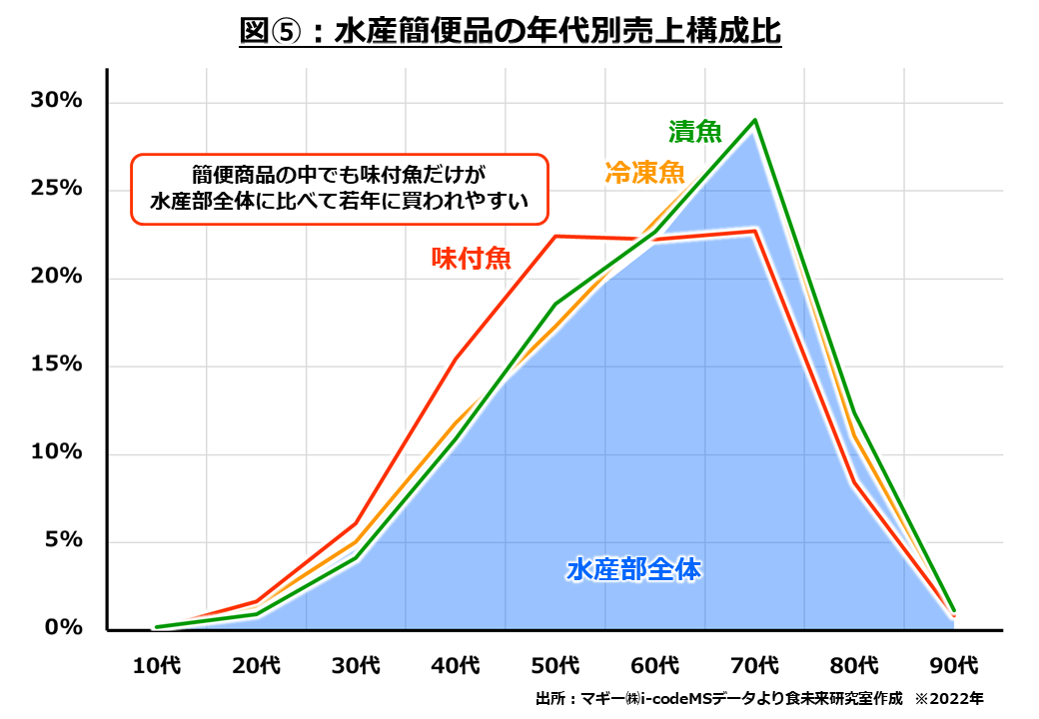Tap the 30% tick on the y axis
58,102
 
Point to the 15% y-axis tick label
58,364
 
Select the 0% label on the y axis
64,628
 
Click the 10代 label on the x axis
157,664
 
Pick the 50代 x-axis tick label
555,664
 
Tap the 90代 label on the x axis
953,664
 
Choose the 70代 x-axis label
754,664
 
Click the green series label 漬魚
694,133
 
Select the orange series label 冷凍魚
644,173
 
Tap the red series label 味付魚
471,259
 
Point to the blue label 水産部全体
633,570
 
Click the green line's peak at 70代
755,120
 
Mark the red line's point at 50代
555,237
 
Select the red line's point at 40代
456,359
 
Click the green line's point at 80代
854,413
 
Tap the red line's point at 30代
357,523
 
